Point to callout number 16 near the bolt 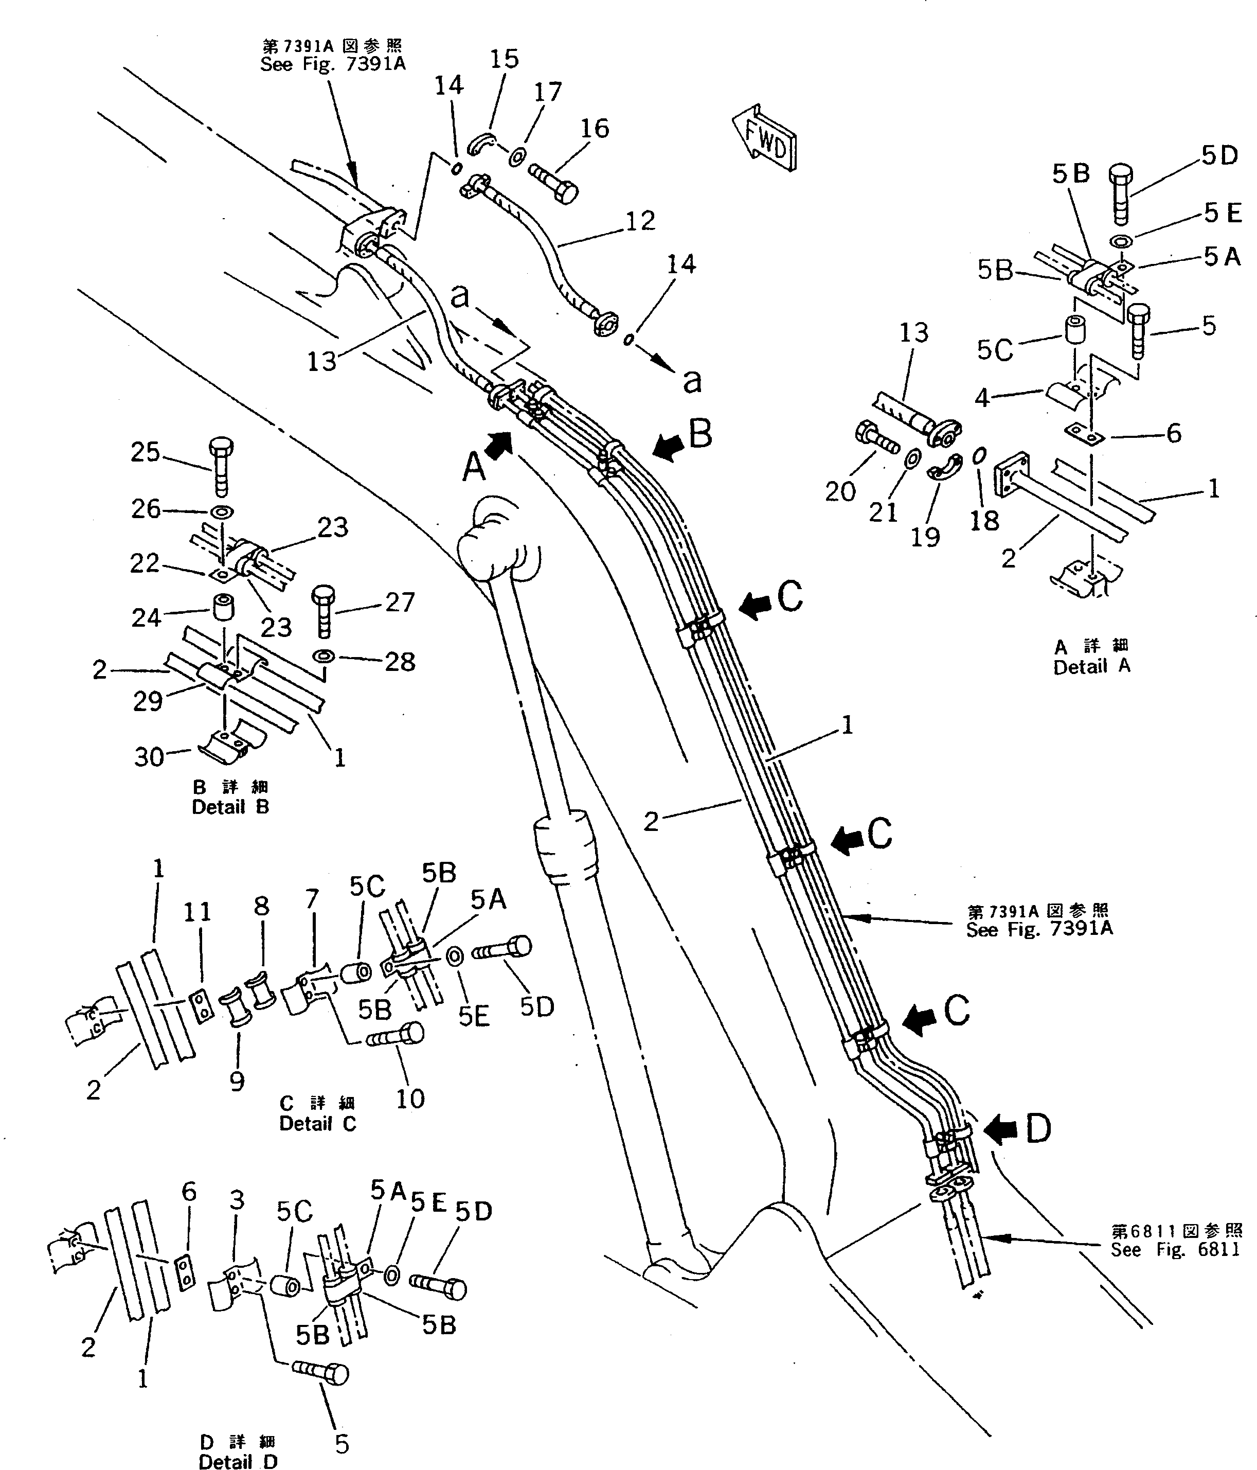(595, 129)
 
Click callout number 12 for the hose (640, 221)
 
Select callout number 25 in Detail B (146, 452)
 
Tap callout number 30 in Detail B (149, 756)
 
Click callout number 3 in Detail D (237, 1200)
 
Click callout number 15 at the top (505, 59)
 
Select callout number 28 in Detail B (400, 662)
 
